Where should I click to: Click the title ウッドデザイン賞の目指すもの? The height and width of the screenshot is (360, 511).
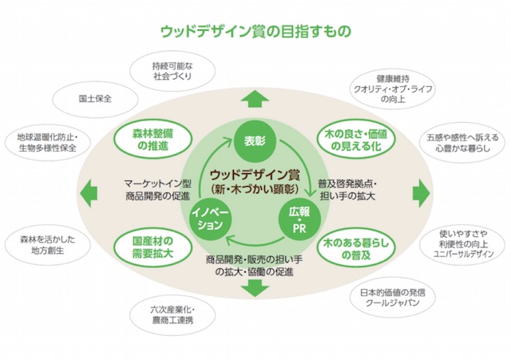pyautogui.click(x=255, y=31)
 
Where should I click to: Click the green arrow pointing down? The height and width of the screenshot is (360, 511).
pyautogui.click(x=255, y=288)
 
